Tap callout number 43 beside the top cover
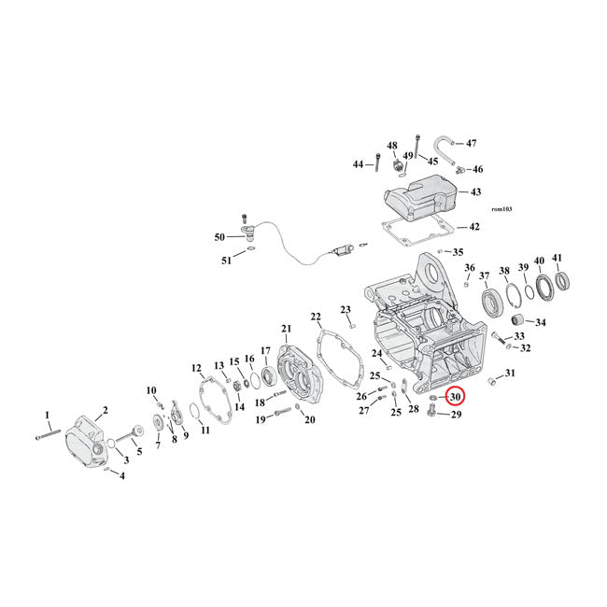(475, 191)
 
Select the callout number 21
(286, 328)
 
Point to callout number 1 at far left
(47, 414)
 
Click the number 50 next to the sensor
(220, 238)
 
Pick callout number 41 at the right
(558, 259)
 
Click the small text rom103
(501, 209)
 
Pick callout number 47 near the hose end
(471, 143)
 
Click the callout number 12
(196, 367)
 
